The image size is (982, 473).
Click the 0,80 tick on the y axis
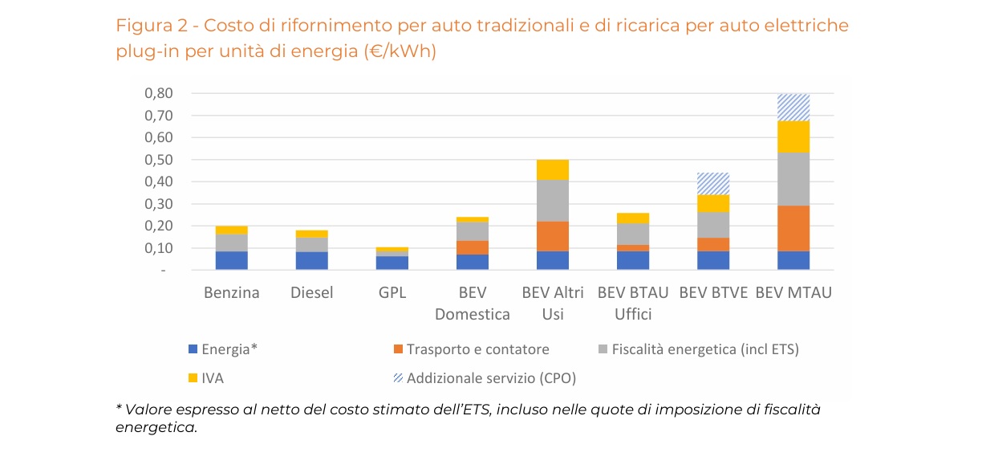[158, 94]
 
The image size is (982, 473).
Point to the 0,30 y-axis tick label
[158, 204]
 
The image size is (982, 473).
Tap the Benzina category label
[232, 293]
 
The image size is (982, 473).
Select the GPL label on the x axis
[392, 293]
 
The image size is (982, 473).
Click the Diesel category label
[312, 293]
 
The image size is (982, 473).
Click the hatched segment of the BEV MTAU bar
[793, 108]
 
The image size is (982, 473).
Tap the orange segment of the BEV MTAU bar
[793, 228]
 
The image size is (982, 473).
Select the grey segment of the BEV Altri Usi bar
[553, 201]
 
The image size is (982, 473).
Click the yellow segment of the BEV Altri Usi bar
[553, 169]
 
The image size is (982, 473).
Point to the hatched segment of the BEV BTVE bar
[713, 184]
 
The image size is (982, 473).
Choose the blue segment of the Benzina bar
[232, 260]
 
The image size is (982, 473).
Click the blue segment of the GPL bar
[392, 263]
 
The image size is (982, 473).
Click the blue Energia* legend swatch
[193, 349]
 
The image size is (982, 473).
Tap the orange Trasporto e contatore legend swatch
[397, 349]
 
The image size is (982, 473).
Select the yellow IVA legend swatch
[193, 377]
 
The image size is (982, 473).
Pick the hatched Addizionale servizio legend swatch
[397, 377]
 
